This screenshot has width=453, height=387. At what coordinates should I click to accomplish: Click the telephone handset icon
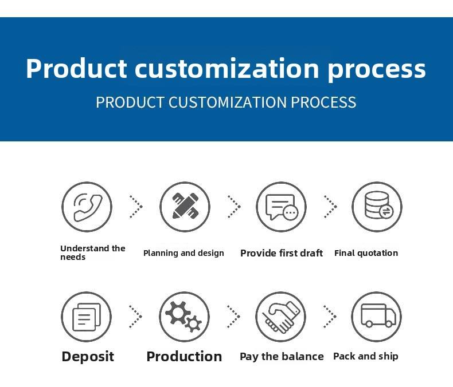[x=88, y=207]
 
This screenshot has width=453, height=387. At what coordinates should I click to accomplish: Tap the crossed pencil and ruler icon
[x=185, y=206]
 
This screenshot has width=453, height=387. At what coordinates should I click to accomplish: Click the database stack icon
[x=378, y=206]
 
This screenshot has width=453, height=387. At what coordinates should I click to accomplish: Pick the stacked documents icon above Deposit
[x=87, y=317]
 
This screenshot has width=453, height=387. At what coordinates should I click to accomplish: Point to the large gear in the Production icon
[x=178, y=313]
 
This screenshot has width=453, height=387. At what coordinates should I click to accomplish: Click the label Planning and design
[x=183, y=253]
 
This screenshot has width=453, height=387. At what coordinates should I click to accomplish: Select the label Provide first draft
[x=282, y=253]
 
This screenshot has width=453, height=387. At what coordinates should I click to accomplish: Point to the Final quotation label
[x=366, y=253]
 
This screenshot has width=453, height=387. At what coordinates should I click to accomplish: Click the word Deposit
[x=88, y=357]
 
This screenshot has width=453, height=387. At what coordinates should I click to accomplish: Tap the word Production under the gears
[x=184, y=357]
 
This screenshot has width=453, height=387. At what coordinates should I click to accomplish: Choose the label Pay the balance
[x=282, y=357]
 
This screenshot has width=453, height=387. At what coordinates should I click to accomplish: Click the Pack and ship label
[x=366, y=357]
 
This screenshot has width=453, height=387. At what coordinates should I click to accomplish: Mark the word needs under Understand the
[x=73, y=257]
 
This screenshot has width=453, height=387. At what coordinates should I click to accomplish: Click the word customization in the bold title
[x=227, y=68]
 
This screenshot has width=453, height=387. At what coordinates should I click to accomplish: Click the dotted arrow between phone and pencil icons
[x=136, y=207]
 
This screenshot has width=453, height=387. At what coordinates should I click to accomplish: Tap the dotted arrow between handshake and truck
[x=330, y=317]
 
